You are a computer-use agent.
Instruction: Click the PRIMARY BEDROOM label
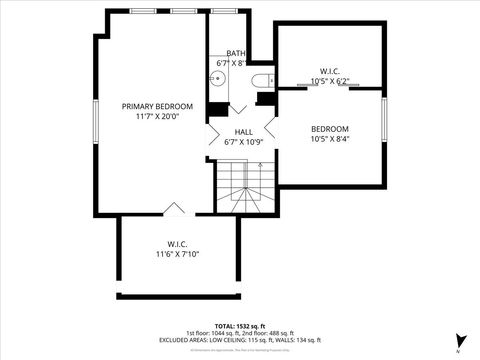(151, 106)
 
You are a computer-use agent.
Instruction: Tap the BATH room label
(236, 53)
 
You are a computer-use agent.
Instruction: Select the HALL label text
(244, 132)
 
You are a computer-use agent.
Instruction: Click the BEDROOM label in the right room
(329, 129)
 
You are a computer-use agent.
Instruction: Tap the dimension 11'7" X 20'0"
(151, 116)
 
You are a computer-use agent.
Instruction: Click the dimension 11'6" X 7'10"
(178, 254)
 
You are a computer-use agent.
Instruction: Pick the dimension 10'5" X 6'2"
(329, 80)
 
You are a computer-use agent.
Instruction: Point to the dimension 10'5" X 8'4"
(329, 139)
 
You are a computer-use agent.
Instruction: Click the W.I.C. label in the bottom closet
(178, 244)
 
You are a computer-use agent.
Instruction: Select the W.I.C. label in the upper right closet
(329, 70)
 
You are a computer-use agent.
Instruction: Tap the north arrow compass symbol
(459, 341)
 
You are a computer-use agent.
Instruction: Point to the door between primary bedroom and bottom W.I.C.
(174, 209)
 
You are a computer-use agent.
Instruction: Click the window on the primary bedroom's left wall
(95, 118)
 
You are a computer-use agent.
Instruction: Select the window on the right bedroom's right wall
(385, 118)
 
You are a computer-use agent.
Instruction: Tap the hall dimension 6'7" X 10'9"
(244, 142)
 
